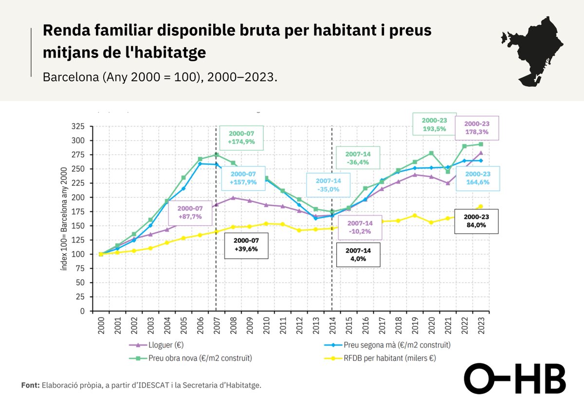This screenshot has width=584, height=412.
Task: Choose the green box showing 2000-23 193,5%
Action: click(431, 124)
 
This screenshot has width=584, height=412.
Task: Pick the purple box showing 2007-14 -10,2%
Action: click(360, 227)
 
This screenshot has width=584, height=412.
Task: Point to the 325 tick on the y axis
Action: click(78, 126)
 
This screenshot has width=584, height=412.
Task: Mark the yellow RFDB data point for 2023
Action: click(481, 206)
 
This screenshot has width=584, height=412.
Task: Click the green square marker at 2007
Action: click(217, 155)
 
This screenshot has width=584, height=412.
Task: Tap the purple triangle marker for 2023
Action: click(481, 153)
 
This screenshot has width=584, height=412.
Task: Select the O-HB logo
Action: click(514, 378)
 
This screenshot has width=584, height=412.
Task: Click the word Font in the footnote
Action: click(30, 385)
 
